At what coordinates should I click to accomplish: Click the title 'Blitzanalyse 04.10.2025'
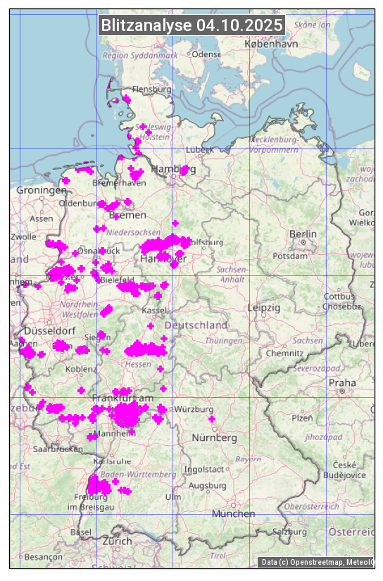pos(191,25)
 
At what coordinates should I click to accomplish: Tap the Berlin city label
pos(303,234)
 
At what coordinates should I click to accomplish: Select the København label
pos(271,44)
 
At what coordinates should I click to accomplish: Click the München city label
pos(233,514)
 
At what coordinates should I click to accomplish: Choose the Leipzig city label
pos(264,308)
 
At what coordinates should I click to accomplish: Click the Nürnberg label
pos(215,438)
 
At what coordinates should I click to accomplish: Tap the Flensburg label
pos(152,90)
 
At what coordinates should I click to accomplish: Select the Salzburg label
pos(290,532)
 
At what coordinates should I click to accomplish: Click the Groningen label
pos(42,191)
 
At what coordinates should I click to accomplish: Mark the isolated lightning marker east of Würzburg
pos(212,420)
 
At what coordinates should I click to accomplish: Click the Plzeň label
pos(302,418)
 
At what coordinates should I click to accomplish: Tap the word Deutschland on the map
pos(196,325)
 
